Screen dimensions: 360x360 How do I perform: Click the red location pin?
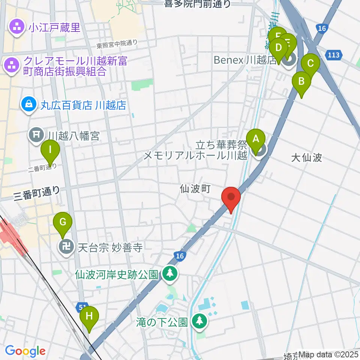click(231, 198)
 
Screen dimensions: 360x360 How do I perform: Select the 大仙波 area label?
click(307, 157)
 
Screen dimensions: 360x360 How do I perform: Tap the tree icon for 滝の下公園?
click(199, 321)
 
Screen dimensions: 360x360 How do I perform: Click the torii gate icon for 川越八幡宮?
click(36, 135)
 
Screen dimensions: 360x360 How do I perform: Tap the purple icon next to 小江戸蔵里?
click(16, 27)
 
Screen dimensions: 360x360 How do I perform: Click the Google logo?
click(25, 351)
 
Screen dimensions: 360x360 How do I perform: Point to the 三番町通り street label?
click(36, 192)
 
